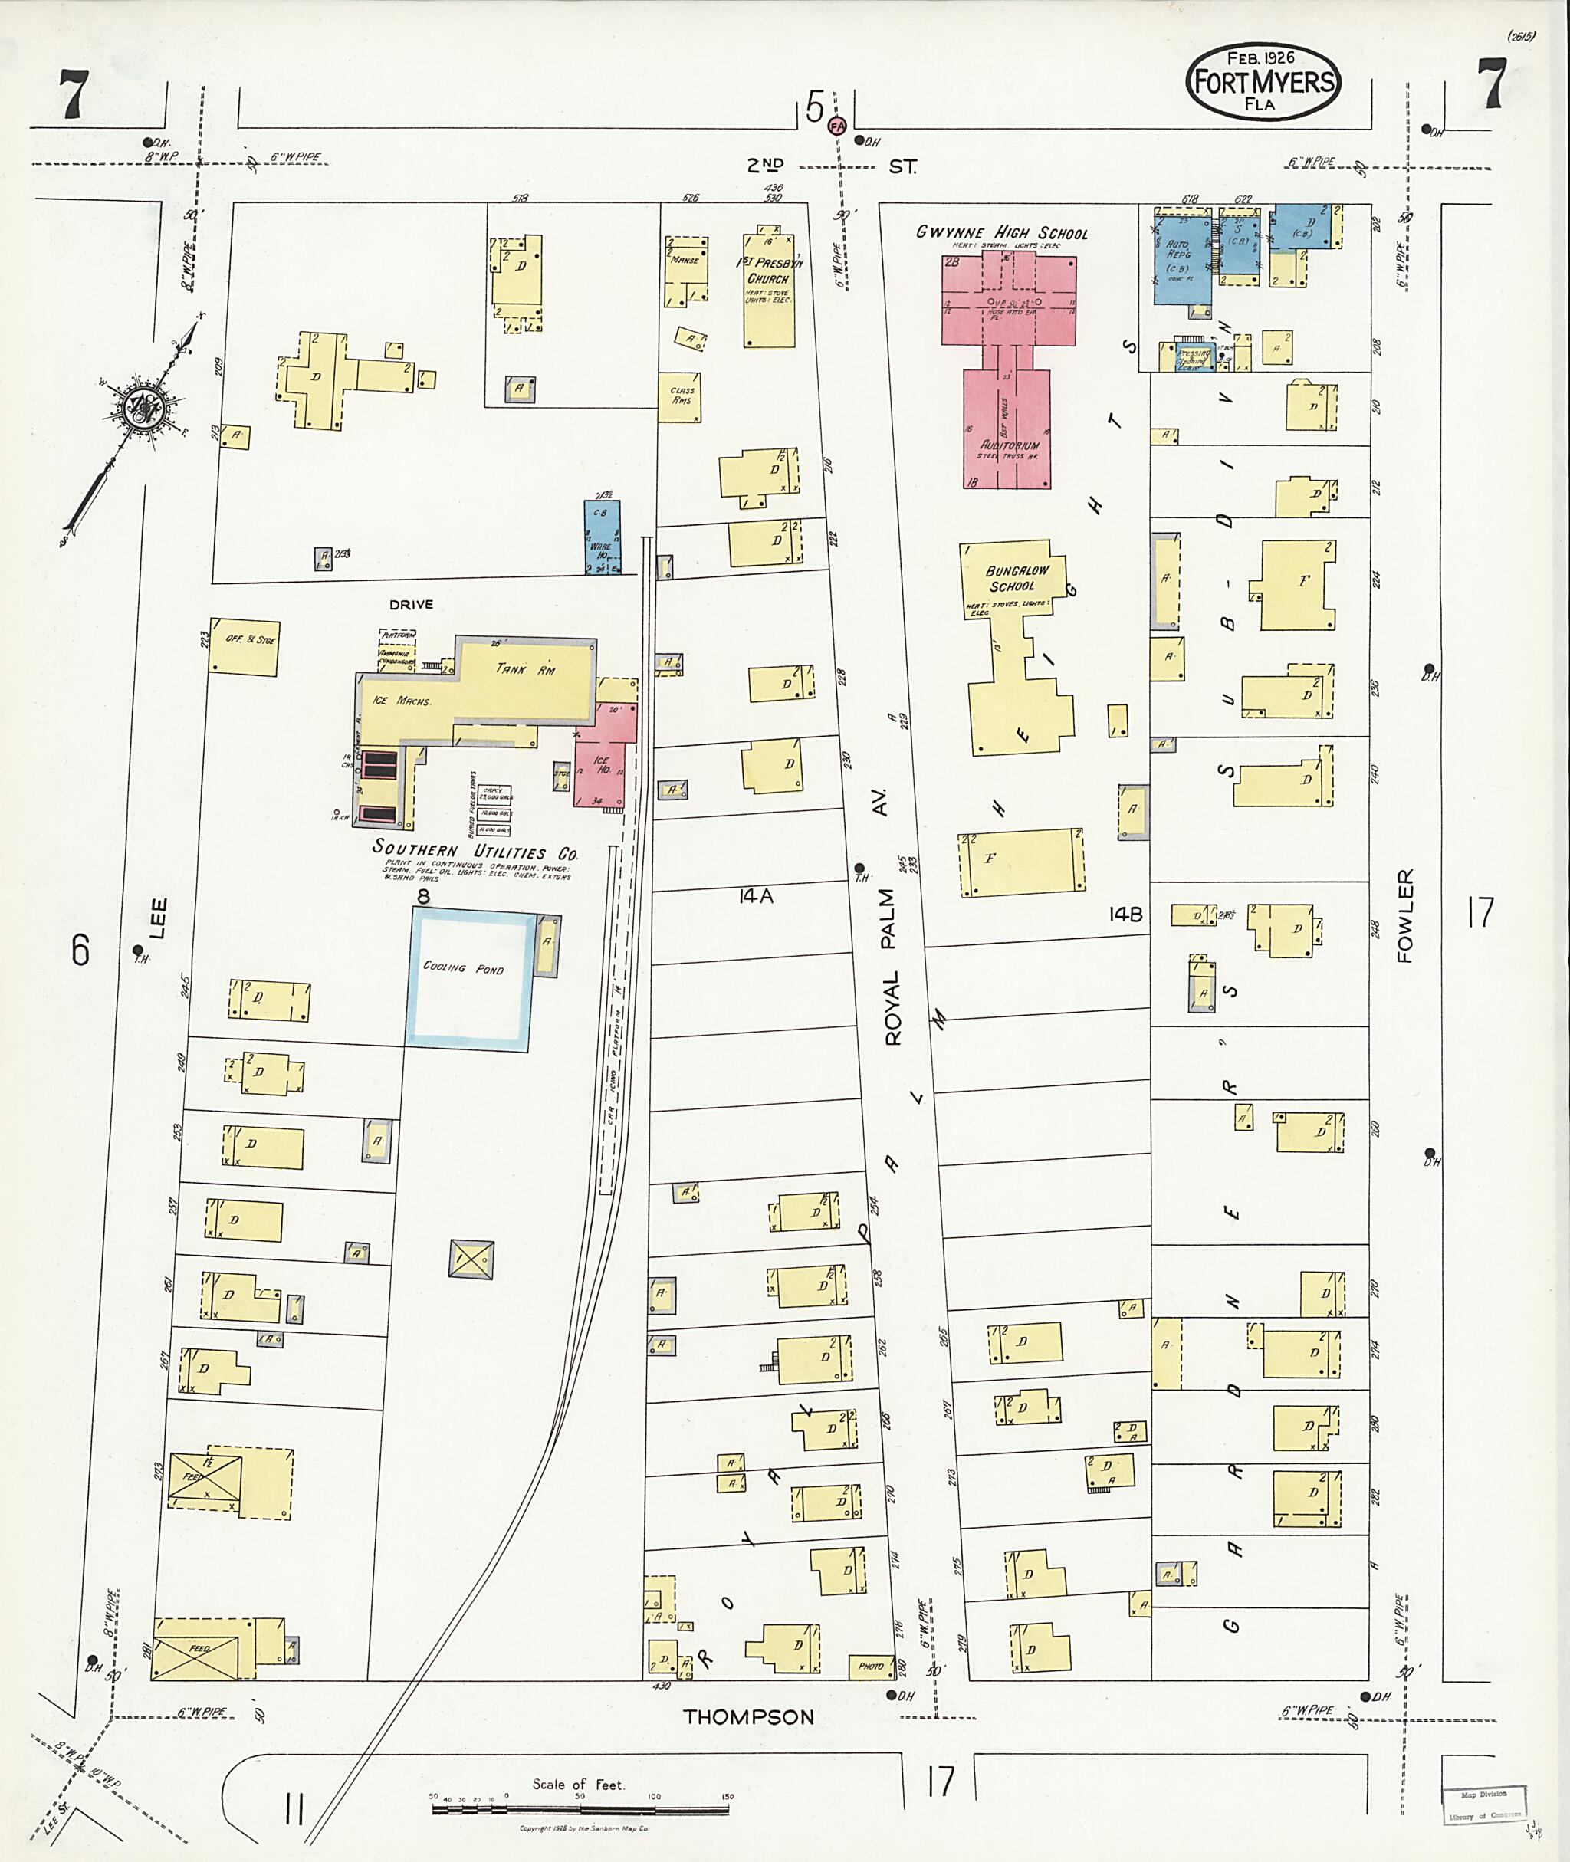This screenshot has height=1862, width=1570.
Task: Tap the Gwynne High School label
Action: pos(1001,233)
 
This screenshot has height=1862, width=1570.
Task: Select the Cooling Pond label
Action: pos(463,967)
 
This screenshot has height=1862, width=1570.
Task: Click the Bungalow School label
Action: pos(1016,578)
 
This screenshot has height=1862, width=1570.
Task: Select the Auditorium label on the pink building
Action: pos(1010,445)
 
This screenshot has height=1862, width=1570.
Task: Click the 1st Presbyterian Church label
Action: pos(767,271)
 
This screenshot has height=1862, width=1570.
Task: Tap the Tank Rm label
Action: pos(525,669)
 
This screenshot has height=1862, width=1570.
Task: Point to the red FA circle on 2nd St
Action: pos(836,126)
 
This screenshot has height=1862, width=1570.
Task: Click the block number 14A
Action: pos(756,897)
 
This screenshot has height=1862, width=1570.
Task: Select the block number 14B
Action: pos(1125,914)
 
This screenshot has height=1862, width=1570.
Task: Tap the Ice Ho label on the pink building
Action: pos(602,764)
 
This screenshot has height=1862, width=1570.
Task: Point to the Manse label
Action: pos(685,260)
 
